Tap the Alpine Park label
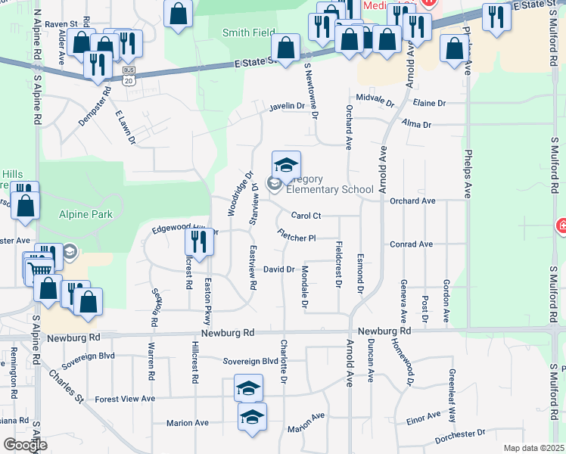[x=86, y=215]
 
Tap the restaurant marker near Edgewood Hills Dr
[x=198, y=243]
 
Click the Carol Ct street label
[x=307, y=216]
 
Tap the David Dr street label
[x=278, y=269]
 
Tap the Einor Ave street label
[x=423, y=417]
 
